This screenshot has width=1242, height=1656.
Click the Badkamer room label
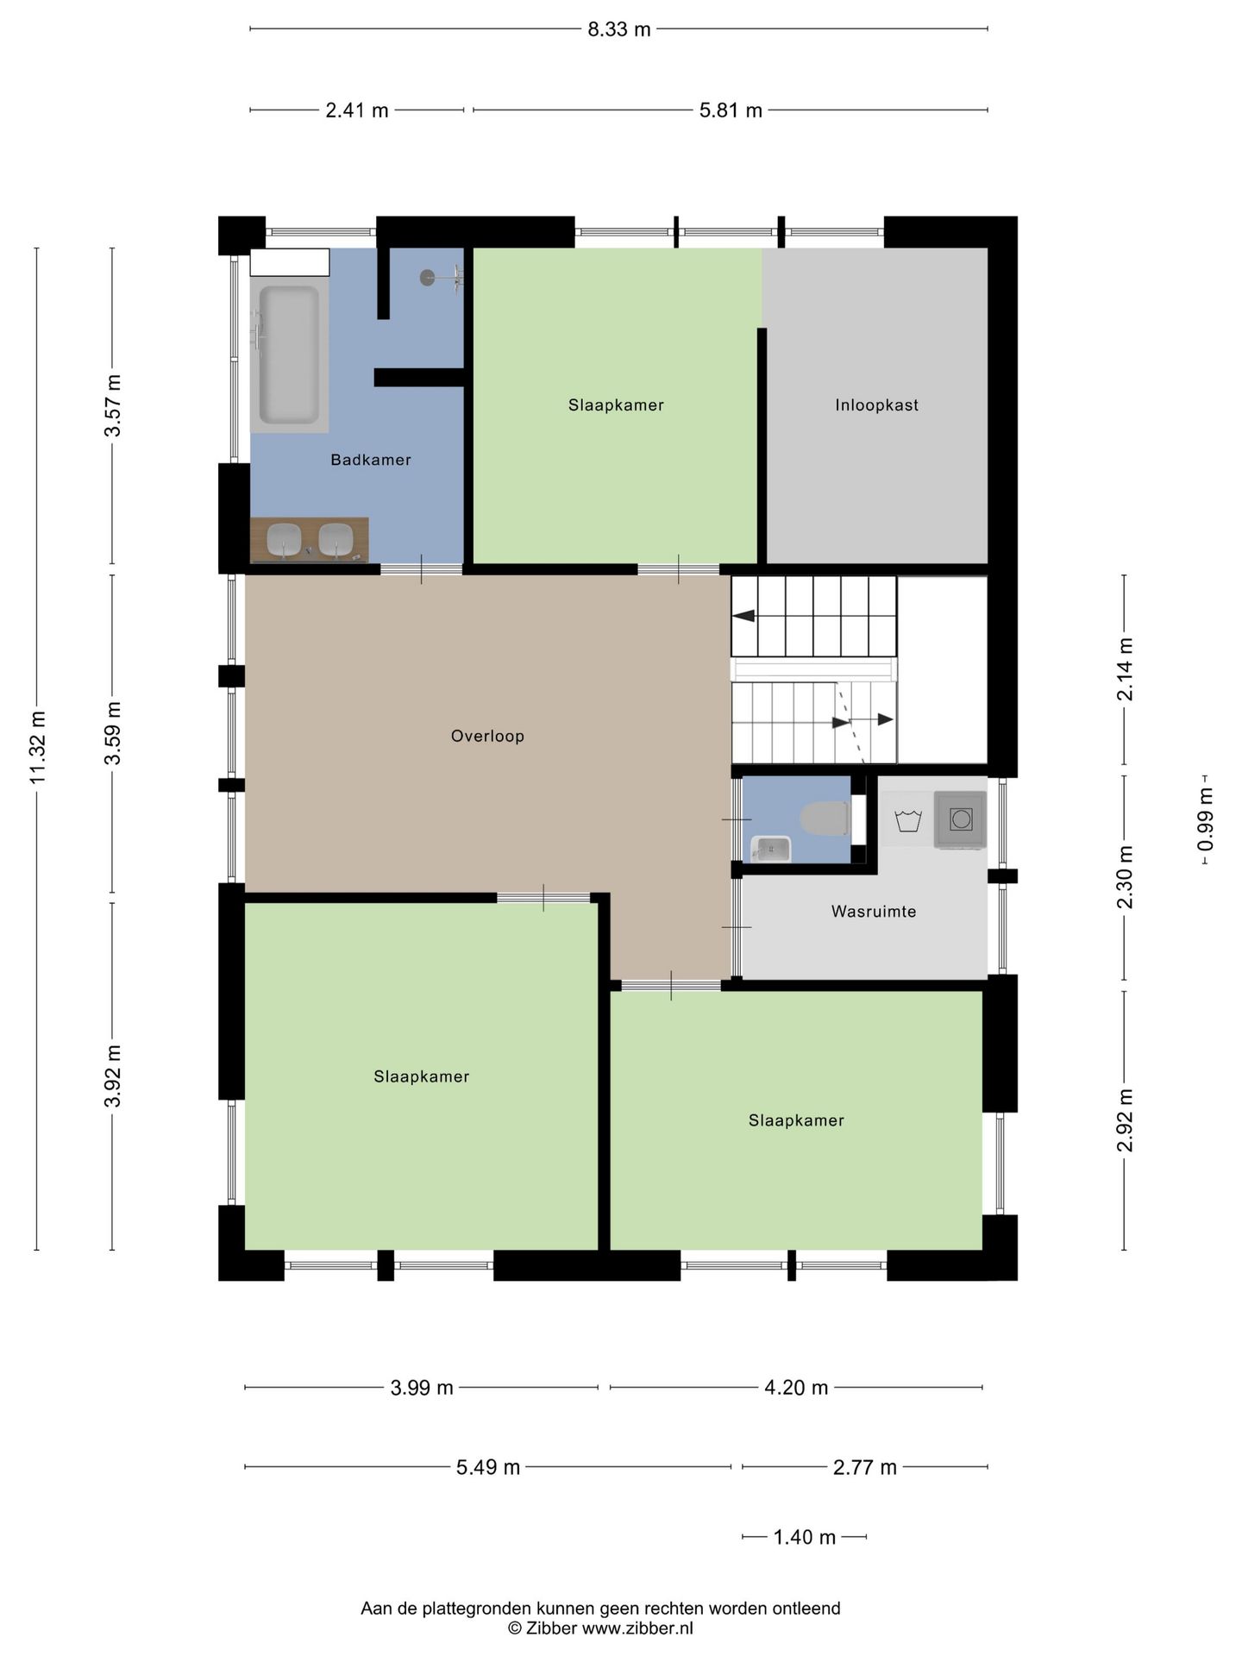371,460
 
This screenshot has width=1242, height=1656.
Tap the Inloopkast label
876,405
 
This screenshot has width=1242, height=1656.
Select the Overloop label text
487,736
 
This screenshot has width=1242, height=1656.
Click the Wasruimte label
874,911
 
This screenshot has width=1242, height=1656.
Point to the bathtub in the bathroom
289,355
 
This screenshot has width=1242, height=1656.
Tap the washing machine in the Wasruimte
960,819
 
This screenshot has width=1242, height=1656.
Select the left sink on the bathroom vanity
284,540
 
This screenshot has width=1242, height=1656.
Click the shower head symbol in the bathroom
428,277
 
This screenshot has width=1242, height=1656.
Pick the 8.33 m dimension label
618,29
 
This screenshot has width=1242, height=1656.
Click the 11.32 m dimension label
37,748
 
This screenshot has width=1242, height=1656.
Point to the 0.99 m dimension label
1206,819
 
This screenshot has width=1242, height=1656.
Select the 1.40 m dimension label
805,1537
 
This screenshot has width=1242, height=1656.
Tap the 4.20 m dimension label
796,1387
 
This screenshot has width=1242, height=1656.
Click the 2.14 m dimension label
1125,669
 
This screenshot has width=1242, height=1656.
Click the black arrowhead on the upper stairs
743,616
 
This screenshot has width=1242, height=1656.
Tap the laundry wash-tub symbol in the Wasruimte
908,820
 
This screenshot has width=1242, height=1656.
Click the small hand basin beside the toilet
771,849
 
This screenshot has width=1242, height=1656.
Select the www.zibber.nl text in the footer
637,1628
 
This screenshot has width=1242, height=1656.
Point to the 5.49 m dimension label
488,1466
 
